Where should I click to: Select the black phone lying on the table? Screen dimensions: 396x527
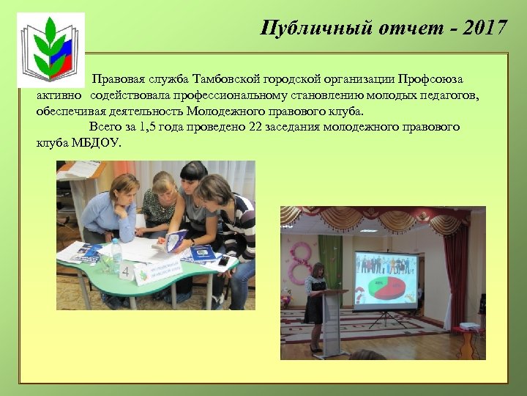[x=223, y=260]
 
